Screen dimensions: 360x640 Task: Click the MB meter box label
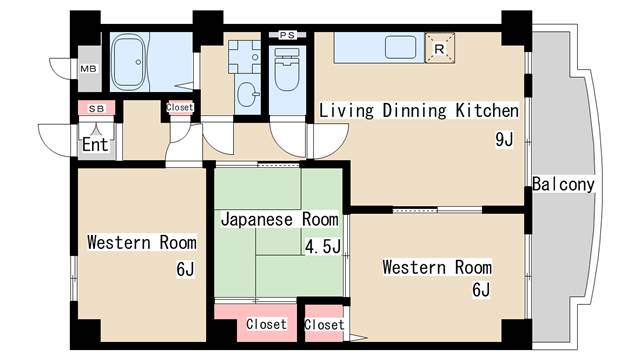click(x=87, y=68)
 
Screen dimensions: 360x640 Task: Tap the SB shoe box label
click(x=96, y=107)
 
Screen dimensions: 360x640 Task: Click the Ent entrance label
click(x=96, y=144)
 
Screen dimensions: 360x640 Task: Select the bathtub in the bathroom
click(x=130, y=62)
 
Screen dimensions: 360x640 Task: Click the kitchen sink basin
click(x=401, y=47)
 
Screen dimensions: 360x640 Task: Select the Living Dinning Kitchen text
click(x=418, y=110)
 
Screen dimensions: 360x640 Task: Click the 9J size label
click(x=503, y=139)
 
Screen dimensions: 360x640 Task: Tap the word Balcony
click(x=564, y=184)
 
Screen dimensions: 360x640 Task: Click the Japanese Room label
click(x=279, y=218)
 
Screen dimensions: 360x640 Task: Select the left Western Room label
click(x=141, y=242)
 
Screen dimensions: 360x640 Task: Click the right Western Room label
click(x=437, y=267)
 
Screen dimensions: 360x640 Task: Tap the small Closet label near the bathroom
click(x=180, y=107)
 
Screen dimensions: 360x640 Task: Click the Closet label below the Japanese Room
click(x=266, y=324)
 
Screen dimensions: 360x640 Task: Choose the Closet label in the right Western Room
click(x=324, y=324)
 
